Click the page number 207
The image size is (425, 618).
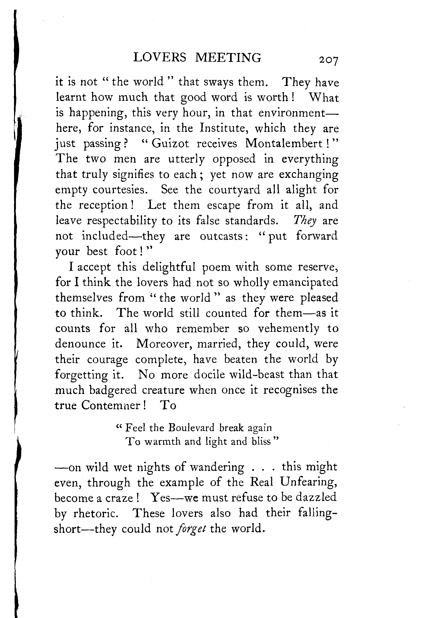tap(328, 60)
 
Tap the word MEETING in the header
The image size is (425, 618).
tap(228, 57)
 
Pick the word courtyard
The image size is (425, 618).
tap(234, 190)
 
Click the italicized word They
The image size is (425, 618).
tap(304, 221)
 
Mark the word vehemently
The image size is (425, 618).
tap(288, 329)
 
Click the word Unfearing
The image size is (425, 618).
tap(309, 482)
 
